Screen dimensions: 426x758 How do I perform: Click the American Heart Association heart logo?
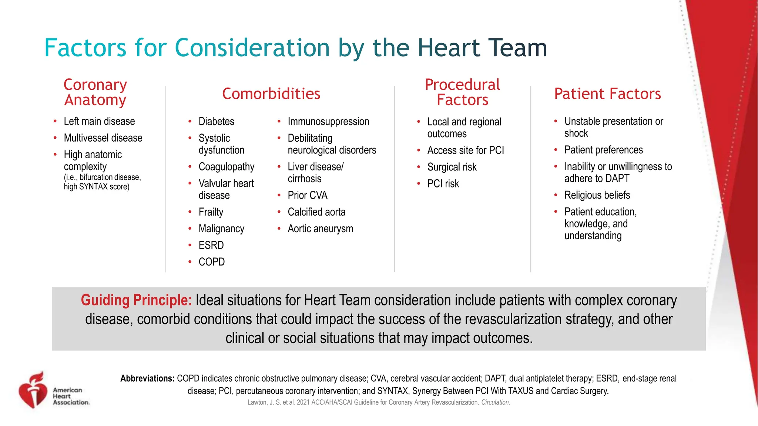pyautogui.click(x=33, y=391)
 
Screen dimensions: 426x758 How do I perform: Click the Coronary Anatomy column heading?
pyautogui.click(x=95, y=92)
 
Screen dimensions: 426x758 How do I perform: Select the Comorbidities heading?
pyautogui.click(x=271, y=94)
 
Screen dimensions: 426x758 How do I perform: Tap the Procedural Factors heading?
pyautogui.click(x=462, y=92)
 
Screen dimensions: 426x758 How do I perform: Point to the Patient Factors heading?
pyautogui.click(x=607, y=94)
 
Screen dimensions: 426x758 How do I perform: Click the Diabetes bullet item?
pyautogui.click(x=216, y=121)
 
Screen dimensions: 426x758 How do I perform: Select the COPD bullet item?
pyautogui.click(x=211, y=262)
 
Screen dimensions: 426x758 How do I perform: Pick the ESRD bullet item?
pyautogui.click(x=211, y=245)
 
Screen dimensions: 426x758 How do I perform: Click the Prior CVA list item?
pyautogui.click(x=307, y=195)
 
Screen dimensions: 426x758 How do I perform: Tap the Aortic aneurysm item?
pyautogui.click(x=320, y=229)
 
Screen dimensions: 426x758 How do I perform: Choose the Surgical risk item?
pyautogui.click(x=452, y=167)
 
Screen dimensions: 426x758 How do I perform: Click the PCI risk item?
pyautogui.click(x=443, y=184)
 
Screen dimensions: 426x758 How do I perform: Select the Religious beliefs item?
pyautogui.click(x=597, y=195)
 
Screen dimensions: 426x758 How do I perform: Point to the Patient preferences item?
pyautogui.click(x=603, y=150)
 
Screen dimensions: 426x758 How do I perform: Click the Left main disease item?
pyautogui.click(x=99, y=121)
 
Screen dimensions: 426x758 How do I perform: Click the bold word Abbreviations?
pyautogui.click(x=147, y=378)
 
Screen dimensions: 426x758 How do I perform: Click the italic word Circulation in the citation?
pyautogui.click(x=495, y=402)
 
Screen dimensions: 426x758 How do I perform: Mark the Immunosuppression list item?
pyautogui.click(x=328, y=121)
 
